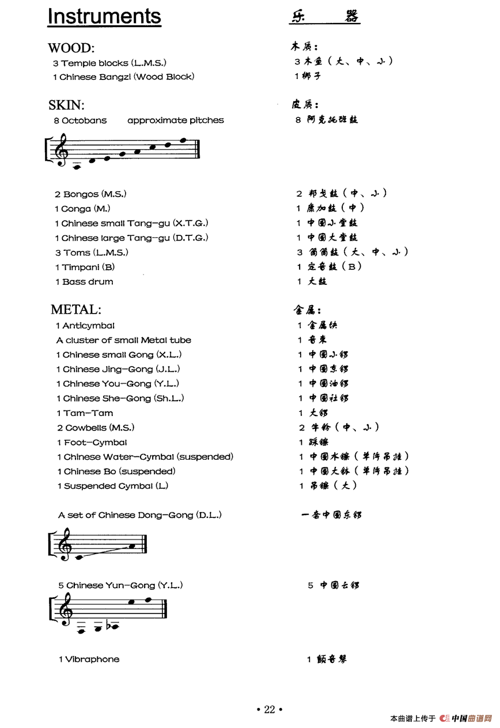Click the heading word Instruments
click(104, 16)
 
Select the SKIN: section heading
click(66, 105)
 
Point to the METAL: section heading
click(75, 309)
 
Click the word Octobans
click(84, 120)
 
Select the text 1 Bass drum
click(84, 281)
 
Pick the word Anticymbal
click(88, 326)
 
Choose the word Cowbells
click(86, 428)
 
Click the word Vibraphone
click(92, 659)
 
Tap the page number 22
click(270, 710)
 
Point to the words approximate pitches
click(176, 120)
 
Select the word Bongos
click(81, 194)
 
